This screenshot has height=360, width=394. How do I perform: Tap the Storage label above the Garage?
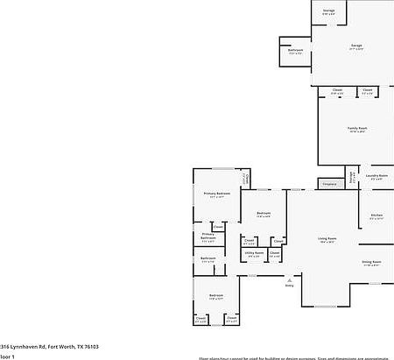coord(328,11)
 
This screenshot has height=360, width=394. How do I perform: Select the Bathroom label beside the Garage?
coord(295,50)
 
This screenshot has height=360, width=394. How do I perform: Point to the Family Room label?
coord(357,128)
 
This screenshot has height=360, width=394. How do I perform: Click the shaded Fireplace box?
coord(329,184)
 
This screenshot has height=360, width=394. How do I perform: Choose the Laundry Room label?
coord(376,176)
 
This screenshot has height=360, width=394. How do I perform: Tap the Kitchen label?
coord(376,215)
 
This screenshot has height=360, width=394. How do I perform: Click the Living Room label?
coord(327,239)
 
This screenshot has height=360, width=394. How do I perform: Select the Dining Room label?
coord(371,262)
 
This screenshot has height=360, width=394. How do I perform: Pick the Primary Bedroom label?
coord(216,193)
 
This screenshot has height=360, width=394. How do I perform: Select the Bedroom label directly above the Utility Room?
coord(264,213)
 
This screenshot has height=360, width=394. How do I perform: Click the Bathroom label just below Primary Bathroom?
coord(208,258)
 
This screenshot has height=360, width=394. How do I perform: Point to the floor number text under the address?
coord(8,357)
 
